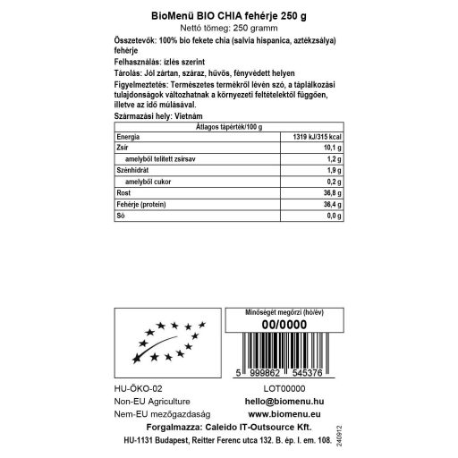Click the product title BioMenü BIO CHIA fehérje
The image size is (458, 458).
point(229,16)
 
